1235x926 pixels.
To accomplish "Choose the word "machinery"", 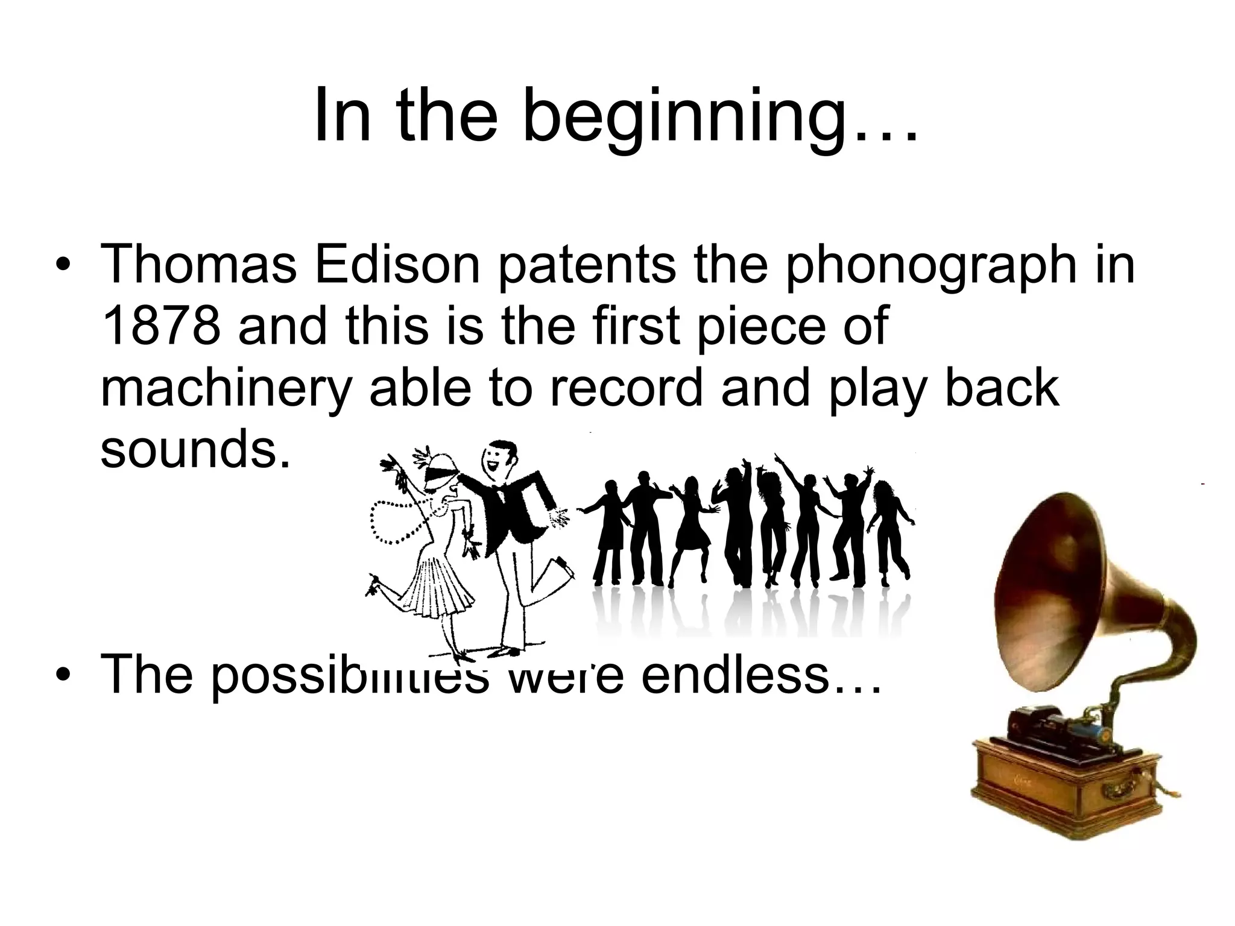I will pos(226,389).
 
